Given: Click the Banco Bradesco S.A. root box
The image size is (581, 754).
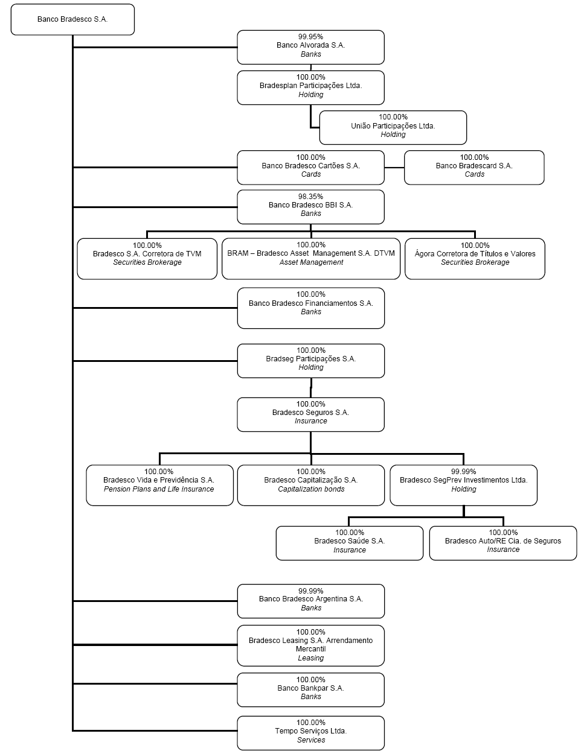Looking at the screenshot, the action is click(72, 19).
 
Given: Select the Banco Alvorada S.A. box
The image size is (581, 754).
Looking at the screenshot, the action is click(310, 47).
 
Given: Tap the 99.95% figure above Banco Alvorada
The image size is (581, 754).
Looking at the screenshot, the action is click(310, 36).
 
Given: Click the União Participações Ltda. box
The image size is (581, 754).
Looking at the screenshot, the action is click(393, 127).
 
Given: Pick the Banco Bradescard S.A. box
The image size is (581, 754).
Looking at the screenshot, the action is click(474, 167).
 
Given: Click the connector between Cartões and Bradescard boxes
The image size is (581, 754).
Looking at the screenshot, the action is click(394, 168).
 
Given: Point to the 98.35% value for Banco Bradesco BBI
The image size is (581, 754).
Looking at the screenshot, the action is click(310, 197).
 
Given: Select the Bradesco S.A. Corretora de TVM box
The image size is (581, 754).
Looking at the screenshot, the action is click(147, 259).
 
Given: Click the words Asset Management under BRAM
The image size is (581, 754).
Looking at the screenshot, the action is click(311, 262).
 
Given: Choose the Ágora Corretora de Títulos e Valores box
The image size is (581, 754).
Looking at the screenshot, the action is click(475, 259).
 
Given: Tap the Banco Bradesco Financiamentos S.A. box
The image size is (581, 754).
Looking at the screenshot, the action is click(311, 308).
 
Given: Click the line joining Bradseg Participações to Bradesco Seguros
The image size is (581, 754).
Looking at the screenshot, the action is click(311, 388).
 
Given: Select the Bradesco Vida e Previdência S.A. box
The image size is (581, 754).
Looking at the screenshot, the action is click(159, 485).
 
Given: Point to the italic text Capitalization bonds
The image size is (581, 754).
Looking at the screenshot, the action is click(311, 489).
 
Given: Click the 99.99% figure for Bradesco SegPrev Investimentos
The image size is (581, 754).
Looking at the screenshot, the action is click(463, 471).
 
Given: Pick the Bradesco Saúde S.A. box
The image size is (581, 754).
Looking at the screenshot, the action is click(349, 543).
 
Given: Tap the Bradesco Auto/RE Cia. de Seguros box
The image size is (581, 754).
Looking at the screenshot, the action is click(503, 543).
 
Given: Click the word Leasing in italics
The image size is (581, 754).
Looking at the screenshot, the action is click(311, 658).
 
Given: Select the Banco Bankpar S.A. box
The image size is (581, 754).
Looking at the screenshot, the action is click(310, 690).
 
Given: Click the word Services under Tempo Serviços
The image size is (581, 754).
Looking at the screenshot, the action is click(311, 740).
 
